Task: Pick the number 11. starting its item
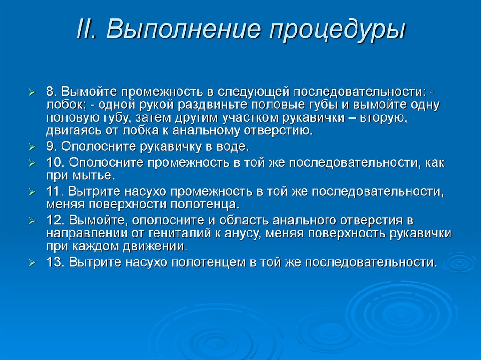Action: click(56, 191)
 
